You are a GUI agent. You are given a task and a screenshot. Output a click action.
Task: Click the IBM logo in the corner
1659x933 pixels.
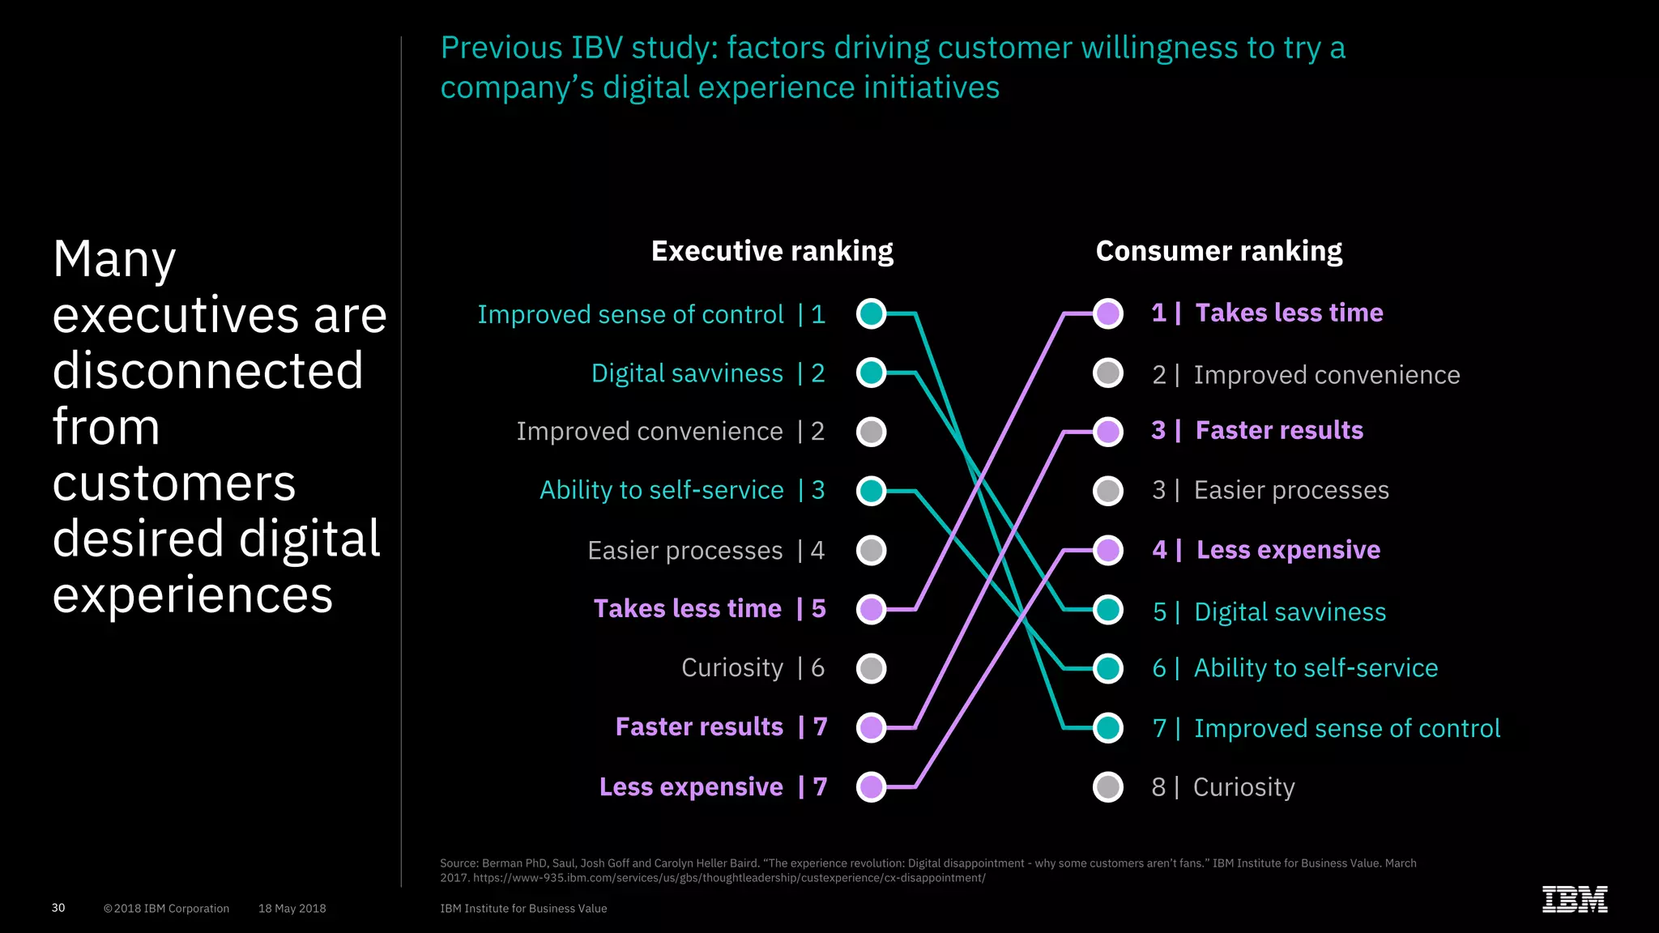[1574, 899]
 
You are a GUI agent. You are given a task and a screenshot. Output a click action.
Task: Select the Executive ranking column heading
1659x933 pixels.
[772, 251]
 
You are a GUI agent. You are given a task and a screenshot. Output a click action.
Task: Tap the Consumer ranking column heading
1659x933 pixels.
[1218, 251]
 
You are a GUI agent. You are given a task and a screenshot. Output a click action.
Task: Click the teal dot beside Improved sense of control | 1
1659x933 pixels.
[872, 313]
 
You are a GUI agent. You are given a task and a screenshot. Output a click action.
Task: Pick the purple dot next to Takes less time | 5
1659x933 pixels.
[872, 609]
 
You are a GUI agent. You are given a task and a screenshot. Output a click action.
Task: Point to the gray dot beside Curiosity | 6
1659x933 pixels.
[872, 669]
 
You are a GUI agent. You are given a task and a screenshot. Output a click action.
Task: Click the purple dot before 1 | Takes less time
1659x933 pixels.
[1108, 313]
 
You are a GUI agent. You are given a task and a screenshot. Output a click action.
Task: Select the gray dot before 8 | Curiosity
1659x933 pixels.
[1108, 786]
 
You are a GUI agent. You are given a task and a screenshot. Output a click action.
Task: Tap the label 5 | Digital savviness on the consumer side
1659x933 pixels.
[1269, 611]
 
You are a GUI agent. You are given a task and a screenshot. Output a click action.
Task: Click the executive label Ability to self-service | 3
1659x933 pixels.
[682, 490]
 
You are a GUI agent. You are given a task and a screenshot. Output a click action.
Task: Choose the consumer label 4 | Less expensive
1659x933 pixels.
[1266, 550]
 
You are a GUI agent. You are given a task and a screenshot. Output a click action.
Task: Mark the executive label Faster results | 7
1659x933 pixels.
[721, 726]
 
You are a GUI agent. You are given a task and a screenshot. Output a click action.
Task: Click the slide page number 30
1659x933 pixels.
[58, 908]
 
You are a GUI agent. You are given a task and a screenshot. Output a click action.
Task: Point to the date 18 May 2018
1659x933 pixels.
[292, 909]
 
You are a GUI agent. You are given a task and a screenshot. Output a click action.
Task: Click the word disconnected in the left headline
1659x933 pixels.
[208, 371]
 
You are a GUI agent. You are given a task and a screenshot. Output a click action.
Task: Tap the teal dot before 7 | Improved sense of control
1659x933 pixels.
[1108, 728]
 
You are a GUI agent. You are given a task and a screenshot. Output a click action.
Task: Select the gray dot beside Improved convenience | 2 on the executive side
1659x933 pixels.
[872, 432]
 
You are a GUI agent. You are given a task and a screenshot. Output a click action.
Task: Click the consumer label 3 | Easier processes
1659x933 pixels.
[1270, 490]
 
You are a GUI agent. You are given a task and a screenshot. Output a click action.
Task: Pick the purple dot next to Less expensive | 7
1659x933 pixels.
[872, 786]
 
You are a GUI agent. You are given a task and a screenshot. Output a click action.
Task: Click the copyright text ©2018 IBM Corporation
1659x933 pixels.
[166, 909]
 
